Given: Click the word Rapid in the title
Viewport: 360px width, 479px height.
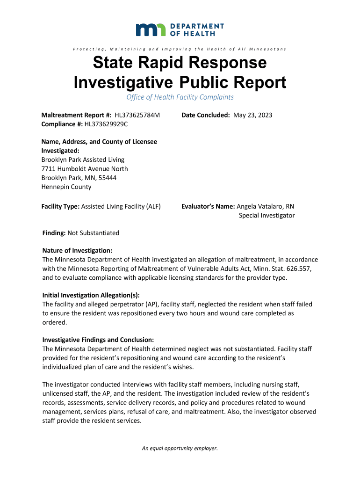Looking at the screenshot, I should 155,63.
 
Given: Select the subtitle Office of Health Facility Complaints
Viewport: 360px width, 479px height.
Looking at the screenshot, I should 180,97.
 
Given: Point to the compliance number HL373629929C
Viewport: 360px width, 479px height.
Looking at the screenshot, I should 106,124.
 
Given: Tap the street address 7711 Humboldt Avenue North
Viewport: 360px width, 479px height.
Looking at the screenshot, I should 85,169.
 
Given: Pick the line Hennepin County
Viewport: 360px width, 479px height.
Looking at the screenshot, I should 66,187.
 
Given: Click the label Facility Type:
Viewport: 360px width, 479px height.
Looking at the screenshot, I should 60,206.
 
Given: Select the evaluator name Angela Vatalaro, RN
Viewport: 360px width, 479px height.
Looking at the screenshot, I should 266,206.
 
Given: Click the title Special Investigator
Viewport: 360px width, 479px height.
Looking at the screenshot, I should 266,216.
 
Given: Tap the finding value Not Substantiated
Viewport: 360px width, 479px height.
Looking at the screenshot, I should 94,233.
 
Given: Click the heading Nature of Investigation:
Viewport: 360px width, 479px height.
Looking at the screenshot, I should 77,251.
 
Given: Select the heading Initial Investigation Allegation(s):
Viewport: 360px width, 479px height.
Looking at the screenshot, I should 91,295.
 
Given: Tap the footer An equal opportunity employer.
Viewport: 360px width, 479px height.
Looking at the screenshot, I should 180,448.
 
